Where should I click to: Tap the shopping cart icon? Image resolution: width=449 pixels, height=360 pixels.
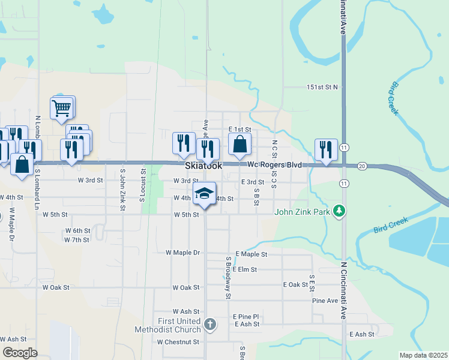[62, 109]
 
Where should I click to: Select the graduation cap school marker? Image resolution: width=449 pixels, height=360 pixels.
[204, 193]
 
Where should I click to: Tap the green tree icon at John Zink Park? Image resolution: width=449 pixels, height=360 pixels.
[340, 211]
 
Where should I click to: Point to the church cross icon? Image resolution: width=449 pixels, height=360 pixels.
[209, 325]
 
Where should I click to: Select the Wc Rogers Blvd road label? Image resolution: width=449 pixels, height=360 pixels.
[274, 164]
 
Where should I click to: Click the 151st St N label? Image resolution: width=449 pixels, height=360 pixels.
[322, 87]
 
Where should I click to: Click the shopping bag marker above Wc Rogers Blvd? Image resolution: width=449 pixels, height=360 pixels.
[240, 145]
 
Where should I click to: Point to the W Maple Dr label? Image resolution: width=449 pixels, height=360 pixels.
[182, 253]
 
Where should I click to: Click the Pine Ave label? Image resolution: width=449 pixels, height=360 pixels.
[325, 301]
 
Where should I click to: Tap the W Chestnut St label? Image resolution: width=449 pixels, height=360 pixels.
[178, 342]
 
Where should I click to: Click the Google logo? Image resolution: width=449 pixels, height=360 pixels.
[20, 353]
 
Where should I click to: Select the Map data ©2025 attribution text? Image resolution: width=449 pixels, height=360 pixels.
[423, 355]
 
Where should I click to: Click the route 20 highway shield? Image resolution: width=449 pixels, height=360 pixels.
[361, 166]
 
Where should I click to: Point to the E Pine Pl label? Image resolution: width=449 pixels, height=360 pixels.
[246, 316]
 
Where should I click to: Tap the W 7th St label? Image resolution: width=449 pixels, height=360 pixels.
[76, 240]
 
